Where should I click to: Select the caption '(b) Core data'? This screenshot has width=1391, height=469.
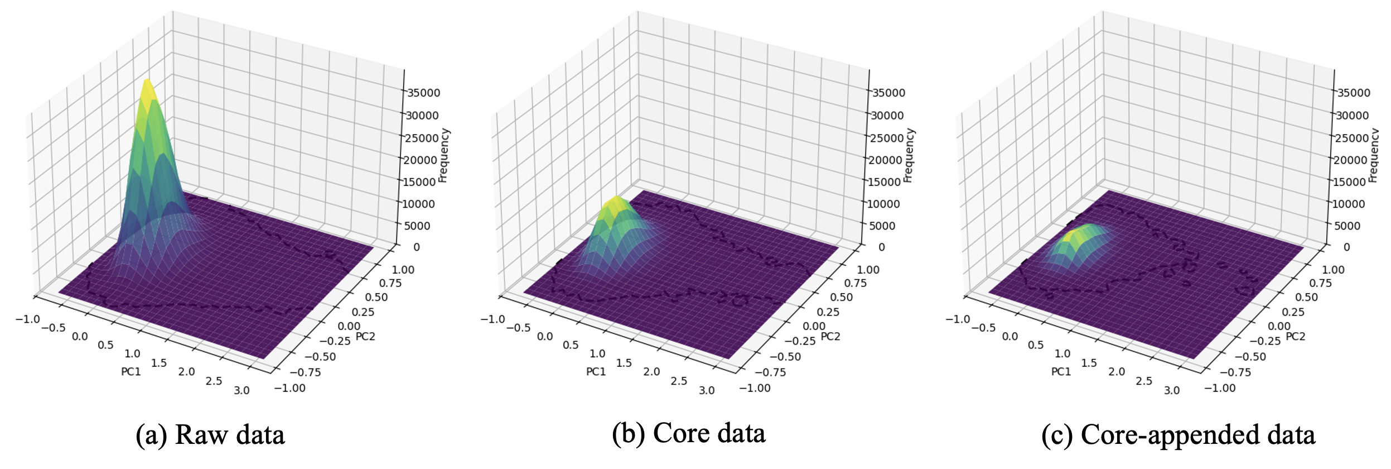(x=688, y=434)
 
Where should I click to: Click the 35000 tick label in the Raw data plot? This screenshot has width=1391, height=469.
(x=423, y=93)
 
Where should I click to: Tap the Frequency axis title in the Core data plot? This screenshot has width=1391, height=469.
(x=909, y=155)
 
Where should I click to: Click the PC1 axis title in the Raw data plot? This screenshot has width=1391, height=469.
(x=131, y=372)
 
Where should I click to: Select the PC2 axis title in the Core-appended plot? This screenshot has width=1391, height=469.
(x=1296, y=337)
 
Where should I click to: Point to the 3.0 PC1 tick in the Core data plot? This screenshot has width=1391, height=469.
(x=707, y=391)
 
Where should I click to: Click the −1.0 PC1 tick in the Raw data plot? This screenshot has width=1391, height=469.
(x=27, y=319)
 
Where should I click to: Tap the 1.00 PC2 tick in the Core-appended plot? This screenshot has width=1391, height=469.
(x=1334, y=270)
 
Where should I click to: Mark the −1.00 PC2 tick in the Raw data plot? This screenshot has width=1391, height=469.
(x=290, y=388)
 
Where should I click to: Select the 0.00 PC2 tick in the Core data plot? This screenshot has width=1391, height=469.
(x=814, y=327)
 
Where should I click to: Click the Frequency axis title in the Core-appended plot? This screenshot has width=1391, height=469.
(x=1374, y=155)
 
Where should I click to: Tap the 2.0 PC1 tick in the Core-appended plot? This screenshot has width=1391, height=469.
(x=1117, y=372)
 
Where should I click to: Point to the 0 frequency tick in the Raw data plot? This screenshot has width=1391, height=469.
(x=416, y=247)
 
